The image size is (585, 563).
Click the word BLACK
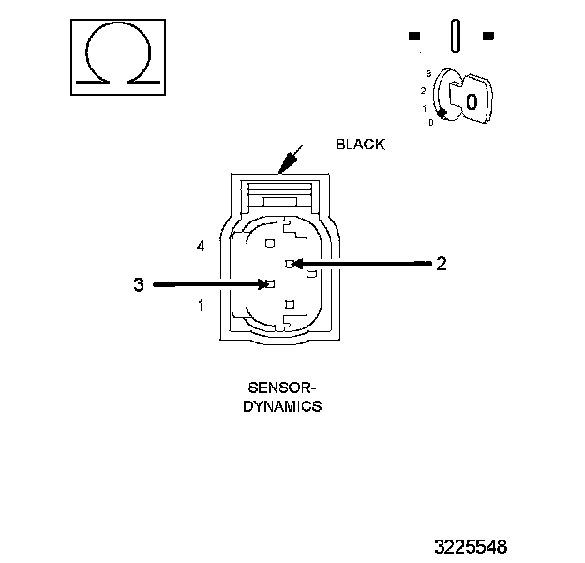tap(360, 145)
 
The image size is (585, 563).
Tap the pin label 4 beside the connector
tap(201, 247)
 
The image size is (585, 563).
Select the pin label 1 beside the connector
tap(201, 305)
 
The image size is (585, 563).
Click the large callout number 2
tap(442, 264)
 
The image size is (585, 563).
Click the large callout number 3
tap(139, 284)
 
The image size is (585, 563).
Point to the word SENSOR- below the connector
tap(282, 388)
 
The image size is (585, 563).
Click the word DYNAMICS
tap(282, 406)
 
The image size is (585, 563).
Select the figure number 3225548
tap(471, 547)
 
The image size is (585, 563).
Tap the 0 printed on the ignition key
tap(472, 101)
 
